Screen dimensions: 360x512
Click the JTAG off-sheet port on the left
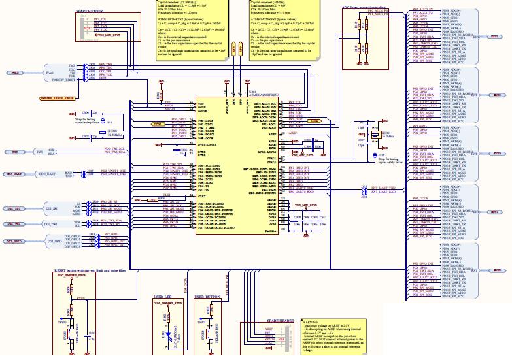point(15,73)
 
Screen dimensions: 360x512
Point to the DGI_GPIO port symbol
point(14,241)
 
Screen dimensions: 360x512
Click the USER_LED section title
point(163,297)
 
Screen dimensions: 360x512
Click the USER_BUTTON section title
point(208,297)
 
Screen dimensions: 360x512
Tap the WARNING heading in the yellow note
point(310,322)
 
